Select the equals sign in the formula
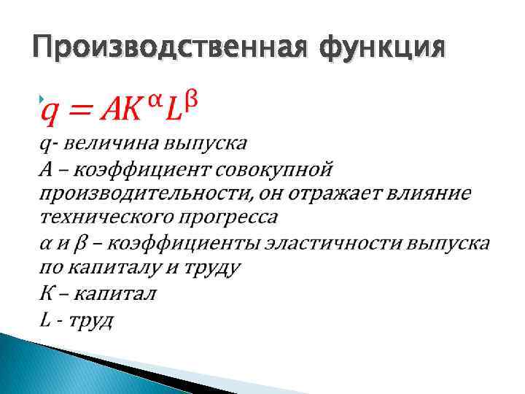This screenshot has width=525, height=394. point(81,111)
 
